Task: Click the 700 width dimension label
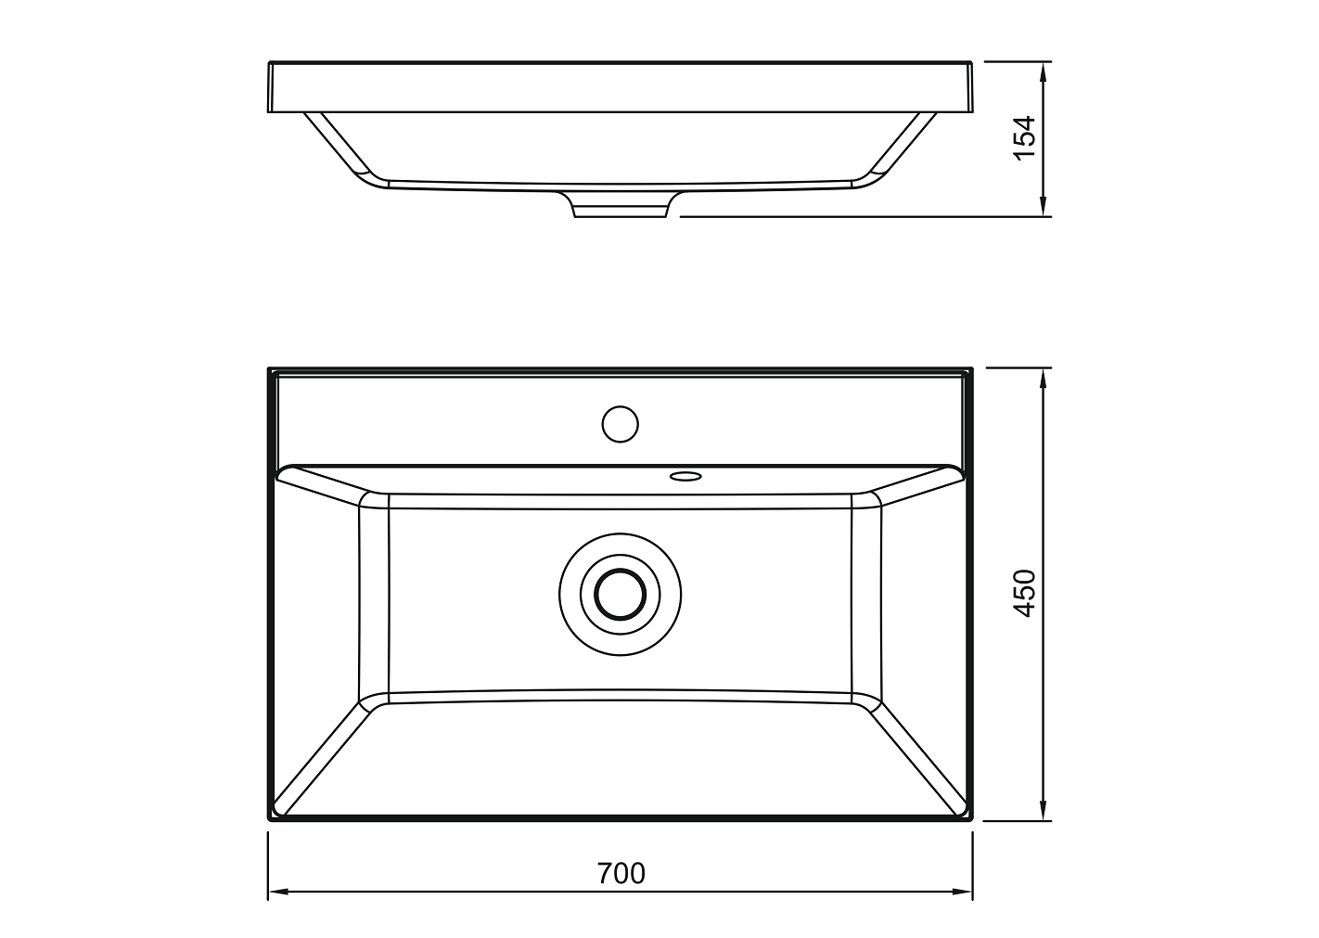coord(621,873)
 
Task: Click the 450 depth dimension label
coord(1025,593)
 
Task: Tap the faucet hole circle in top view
coord(620,424)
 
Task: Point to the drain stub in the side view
coord(621,205)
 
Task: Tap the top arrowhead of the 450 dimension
coord(1043,378)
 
